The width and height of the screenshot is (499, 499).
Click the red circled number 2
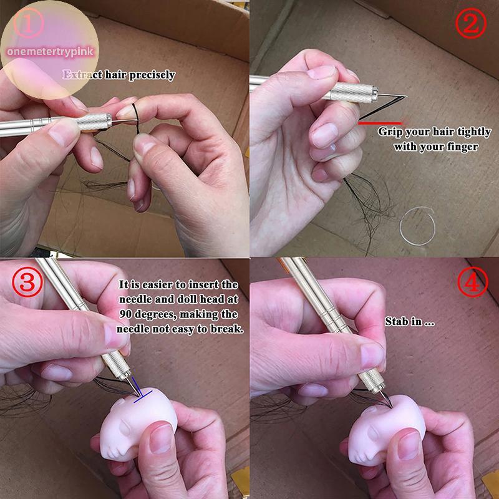coord(471,23)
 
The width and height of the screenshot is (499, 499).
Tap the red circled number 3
coord(27,282)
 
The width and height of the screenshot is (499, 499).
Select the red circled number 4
coord(473,282)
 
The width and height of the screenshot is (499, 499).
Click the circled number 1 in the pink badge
coord(28,23)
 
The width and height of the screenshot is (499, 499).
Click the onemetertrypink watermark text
coord(51,51)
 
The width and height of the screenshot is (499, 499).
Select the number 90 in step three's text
coord(126,314)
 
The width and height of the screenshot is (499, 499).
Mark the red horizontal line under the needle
coord(380,122)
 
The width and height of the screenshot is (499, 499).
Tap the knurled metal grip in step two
coord(354,92)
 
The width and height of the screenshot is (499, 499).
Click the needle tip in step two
coord(406,96)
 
